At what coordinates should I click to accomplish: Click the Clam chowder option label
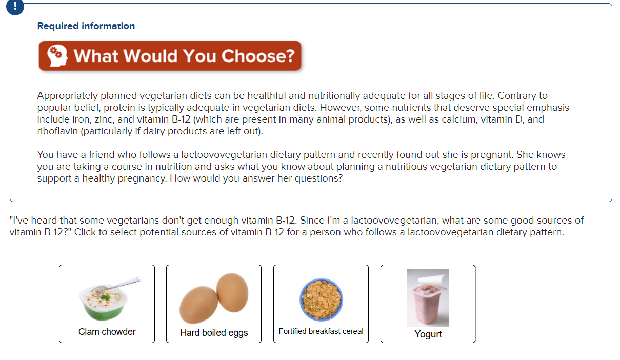[107, 331]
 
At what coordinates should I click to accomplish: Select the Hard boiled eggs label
[214, 333]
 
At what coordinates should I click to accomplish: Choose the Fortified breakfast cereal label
[321, 331]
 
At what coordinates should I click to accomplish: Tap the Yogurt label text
[428, 334]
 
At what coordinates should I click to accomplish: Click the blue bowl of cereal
[321, 299]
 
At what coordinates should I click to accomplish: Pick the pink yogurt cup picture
[428, 298]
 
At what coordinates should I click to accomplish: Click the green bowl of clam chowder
[104, 303]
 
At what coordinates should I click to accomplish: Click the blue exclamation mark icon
[15, 6]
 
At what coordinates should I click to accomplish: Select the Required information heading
[86, 26]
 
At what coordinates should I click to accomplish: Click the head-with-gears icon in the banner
[57, 55]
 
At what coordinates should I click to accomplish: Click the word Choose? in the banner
[258, 56]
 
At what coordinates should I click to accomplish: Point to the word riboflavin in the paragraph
[57, 131]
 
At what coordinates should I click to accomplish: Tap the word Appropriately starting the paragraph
[68, 96]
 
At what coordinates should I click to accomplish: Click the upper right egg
[232, 292]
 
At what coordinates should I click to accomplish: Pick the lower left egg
[198, 305]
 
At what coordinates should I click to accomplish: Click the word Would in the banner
[151, 56]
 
